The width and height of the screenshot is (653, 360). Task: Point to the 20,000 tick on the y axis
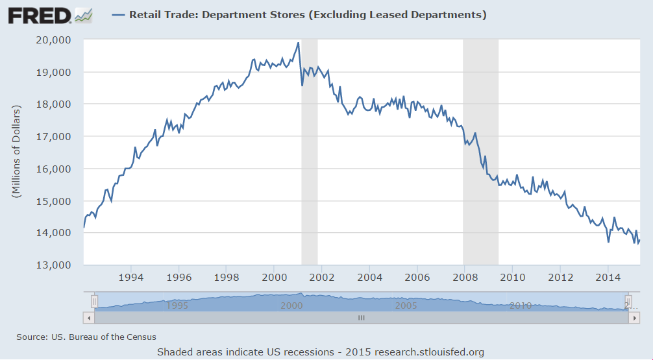click(x=54, y=40)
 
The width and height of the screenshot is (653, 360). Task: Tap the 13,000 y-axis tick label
click(x=54, y=265)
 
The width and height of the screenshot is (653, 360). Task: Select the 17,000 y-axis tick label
click(x=54, y=137)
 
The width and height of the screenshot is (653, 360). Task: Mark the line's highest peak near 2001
click(x=298, y=43)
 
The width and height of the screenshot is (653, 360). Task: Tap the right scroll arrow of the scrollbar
click(x=635, y=318)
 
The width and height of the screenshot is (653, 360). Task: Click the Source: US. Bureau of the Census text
click(x=86, y=337)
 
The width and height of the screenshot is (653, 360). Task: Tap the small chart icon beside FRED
click(x=84, y=14)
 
